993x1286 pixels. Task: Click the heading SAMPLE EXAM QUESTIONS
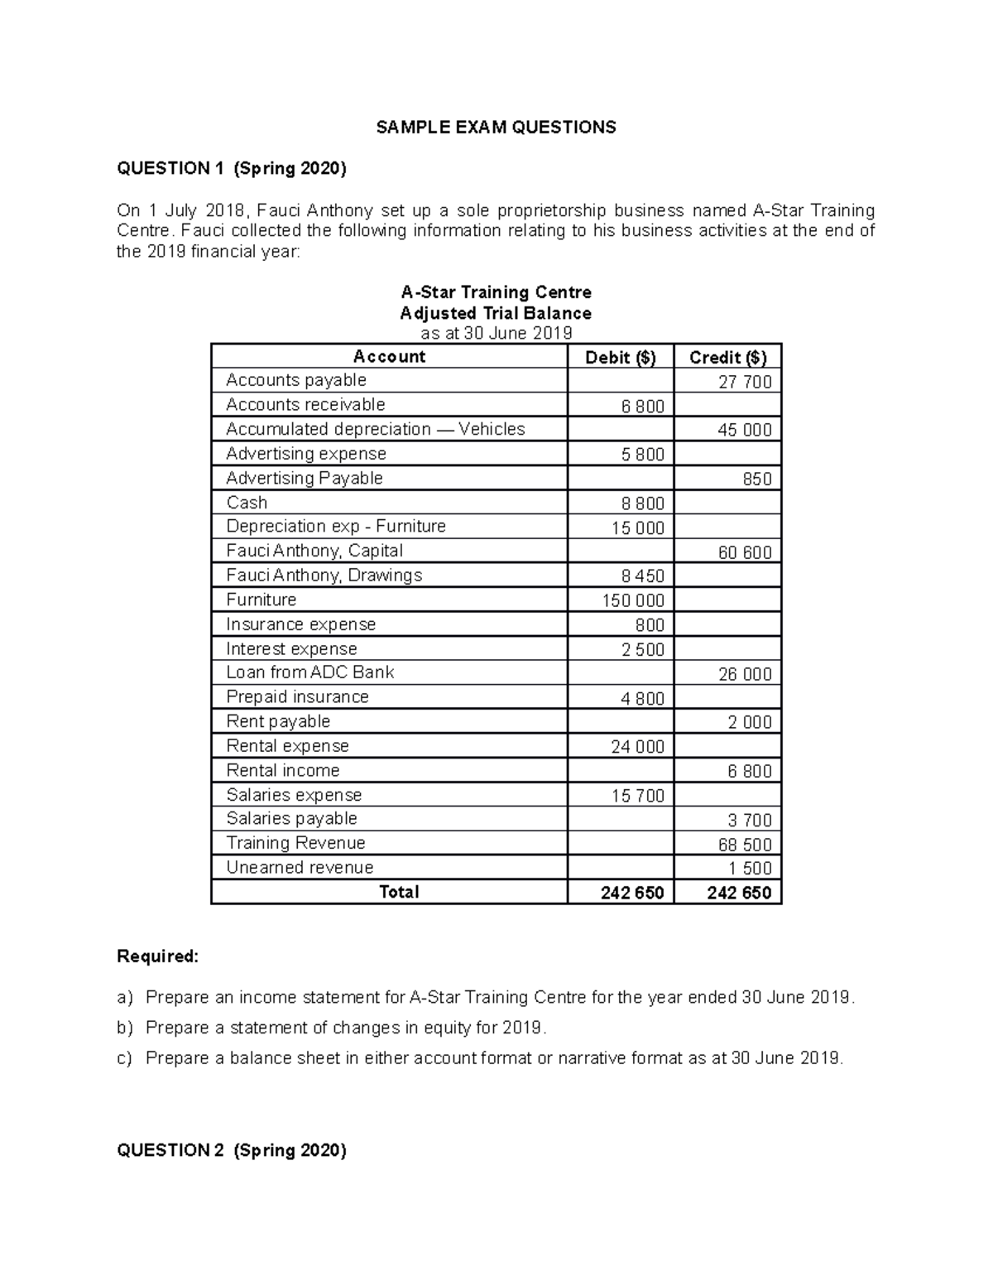tap(496, 128)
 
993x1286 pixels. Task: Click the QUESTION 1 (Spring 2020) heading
tap(232, 169)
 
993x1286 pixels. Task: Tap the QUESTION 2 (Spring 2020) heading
tap(232, 1150)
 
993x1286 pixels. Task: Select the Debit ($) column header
tap(620, 358)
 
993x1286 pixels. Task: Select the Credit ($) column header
tap(727, 358)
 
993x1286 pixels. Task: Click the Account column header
tap(389, 357)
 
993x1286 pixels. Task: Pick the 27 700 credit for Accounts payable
tap(744, 382)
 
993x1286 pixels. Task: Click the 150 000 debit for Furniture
tap(632, 600)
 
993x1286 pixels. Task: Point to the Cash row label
tap(247, 503)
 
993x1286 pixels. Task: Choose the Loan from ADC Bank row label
tap(309, 672)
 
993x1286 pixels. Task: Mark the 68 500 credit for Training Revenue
tap(744, 845)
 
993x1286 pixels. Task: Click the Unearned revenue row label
tap(300, 868)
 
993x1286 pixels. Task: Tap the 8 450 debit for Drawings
tap(642, 576)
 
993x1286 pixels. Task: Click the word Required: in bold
tap(158, 957)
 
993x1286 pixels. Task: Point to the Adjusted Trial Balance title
tap(496, 314)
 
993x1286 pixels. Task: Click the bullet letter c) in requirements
tap(124, 1058)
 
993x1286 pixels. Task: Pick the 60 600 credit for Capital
tap(744, 552)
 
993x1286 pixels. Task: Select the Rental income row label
tap(283, 771)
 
